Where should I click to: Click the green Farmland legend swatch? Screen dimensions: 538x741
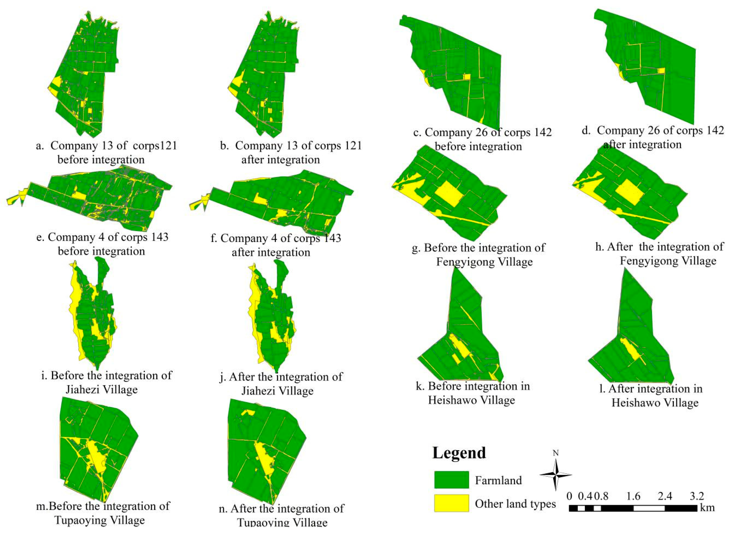(451, 480)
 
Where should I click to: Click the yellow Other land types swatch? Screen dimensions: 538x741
(451, 503)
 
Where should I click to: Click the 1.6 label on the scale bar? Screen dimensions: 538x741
(633, 496)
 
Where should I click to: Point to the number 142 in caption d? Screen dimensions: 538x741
(712, 130)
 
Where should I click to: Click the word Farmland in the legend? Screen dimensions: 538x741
(498, 480)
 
